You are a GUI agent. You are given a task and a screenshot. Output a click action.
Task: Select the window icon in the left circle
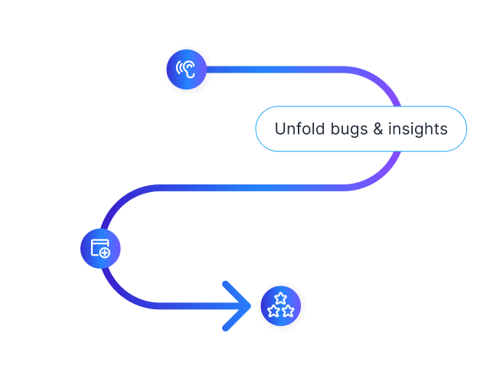point(100,247)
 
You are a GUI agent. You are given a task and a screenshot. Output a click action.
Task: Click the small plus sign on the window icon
point(105,252)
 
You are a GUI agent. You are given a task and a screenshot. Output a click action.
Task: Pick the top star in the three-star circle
point(281,299)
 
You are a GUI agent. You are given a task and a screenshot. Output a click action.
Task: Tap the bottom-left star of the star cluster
point(274,311)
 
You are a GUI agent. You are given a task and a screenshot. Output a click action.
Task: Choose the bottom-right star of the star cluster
point(288,311)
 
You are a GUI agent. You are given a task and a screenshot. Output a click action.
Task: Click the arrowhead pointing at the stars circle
point(240,306)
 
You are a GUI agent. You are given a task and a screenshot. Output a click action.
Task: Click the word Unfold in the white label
point(295,129)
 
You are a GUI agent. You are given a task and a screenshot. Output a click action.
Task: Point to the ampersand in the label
point(377,129)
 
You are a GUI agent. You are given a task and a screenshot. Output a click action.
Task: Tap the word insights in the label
point(417,129)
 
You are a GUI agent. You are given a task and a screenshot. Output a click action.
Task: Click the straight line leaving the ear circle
point(268,70)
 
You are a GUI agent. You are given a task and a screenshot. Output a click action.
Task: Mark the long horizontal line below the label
point(253,188)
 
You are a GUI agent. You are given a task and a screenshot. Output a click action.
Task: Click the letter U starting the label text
point(279,129)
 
